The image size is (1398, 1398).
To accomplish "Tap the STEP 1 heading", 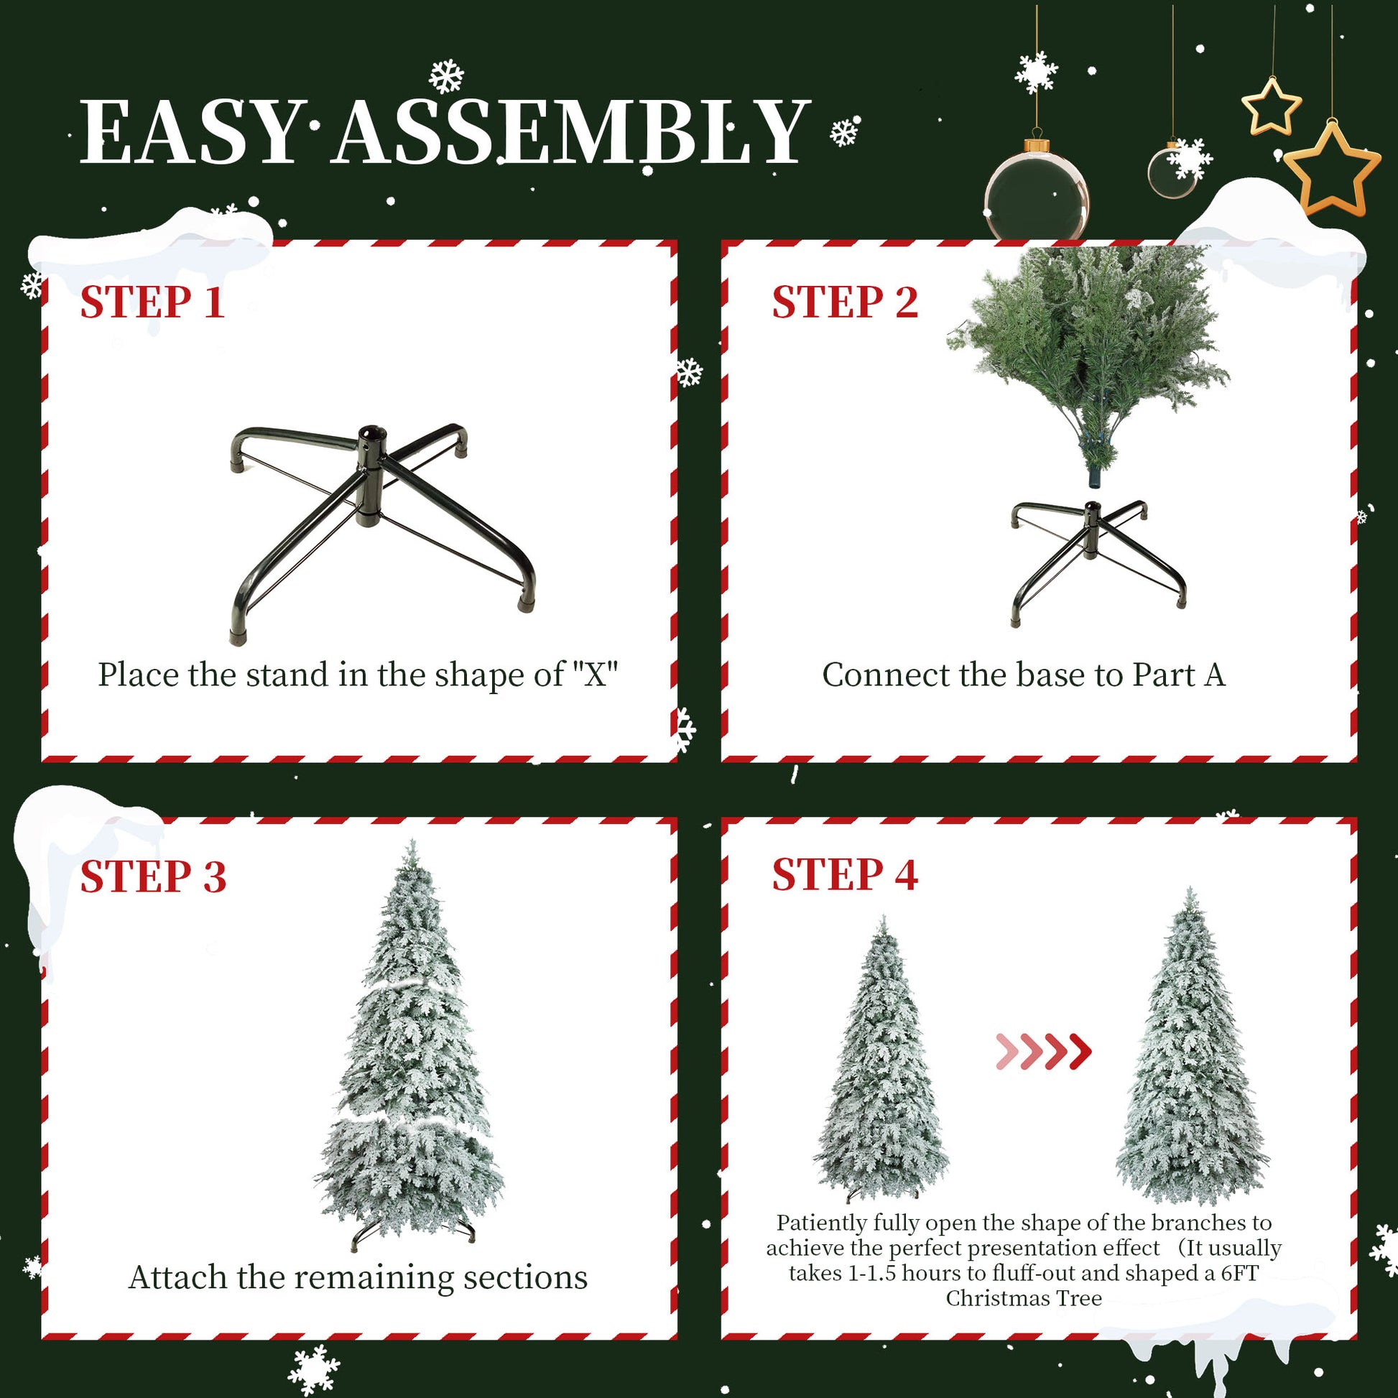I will [x=152, y=302].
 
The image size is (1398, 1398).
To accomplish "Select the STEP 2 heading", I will [x=844, y=302].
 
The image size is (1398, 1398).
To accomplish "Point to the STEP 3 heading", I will [x=153, y=877].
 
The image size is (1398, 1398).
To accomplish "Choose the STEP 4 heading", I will [x=844, y=875].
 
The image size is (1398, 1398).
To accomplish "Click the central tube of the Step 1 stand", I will [x=371, y=478].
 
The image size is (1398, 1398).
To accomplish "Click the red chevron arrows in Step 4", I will [x=1042, y=1052].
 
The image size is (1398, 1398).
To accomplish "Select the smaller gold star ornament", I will [x=1272, y=106].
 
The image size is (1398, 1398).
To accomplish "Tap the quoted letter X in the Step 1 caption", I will [x=595, y=675].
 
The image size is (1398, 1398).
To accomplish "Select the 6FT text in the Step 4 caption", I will [x=1239, y=1273].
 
